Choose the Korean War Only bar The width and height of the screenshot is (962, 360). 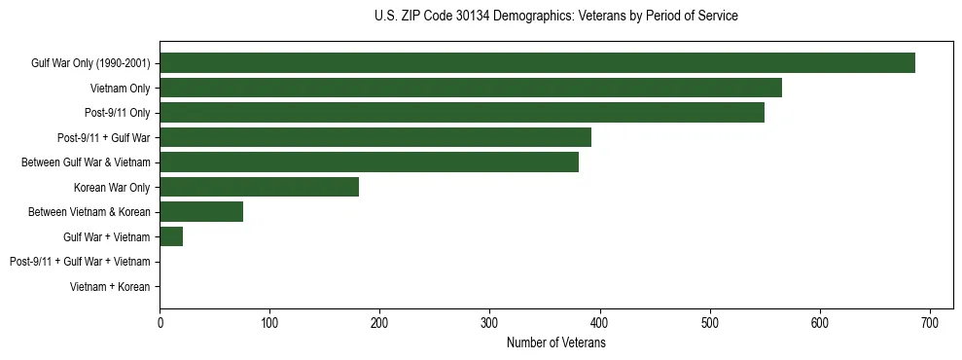click(x=259, y=187)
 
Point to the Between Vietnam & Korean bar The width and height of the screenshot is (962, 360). click(x=201, y=212)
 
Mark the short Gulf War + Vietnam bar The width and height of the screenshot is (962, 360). click(x=171, y=236)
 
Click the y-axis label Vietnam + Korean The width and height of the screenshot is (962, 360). click(x=110, y=287)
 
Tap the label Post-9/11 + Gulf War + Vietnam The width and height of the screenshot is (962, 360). click(x=80, y=262)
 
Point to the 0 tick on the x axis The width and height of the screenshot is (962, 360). click(x=160, y=323)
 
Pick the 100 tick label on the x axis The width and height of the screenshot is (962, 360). click(x=269, y=323)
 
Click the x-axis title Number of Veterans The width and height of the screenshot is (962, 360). click(x=556, y=343)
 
